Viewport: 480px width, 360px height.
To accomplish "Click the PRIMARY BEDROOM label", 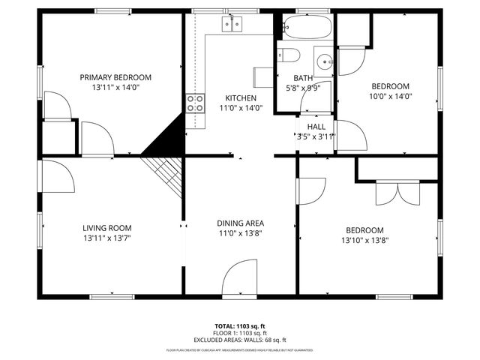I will click(116, 77).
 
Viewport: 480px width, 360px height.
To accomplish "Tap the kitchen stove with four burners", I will click(196, 103).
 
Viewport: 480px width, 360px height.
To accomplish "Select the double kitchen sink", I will click(232, 25).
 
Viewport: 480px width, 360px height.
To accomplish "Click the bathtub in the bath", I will click(307, 29).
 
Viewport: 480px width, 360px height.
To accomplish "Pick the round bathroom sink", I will click(323, 61).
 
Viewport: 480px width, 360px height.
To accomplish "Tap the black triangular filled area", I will click(168, 139).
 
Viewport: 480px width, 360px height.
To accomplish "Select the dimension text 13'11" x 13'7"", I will click(107, 239).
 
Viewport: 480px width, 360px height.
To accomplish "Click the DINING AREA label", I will click(240, 223).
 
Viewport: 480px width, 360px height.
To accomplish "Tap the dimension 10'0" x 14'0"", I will click(391, 96).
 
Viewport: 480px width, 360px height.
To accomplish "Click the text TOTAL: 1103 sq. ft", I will click(240, 325).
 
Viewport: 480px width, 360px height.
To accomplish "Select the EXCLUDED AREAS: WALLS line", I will click(240, 340).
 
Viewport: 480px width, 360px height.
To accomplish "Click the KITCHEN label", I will click(241, 97).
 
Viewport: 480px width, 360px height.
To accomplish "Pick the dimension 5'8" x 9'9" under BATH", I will click(303, 88).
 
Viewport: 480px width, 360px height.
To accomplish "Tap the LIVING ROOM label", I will click(107, 229).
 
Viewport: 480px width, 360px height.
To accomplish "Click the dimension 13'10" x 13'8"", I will click(364, 241).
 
